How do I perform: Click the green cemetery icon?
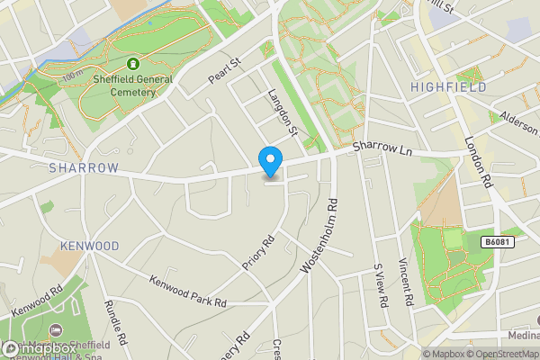134,64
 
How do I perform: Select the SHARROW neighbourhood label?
84,168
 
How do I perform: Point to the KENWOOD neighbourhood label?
89,246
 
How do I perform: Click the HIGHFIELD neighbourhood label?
447,87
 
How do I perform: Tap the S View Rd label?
380,286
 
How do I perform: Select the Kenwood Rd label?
37,301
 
